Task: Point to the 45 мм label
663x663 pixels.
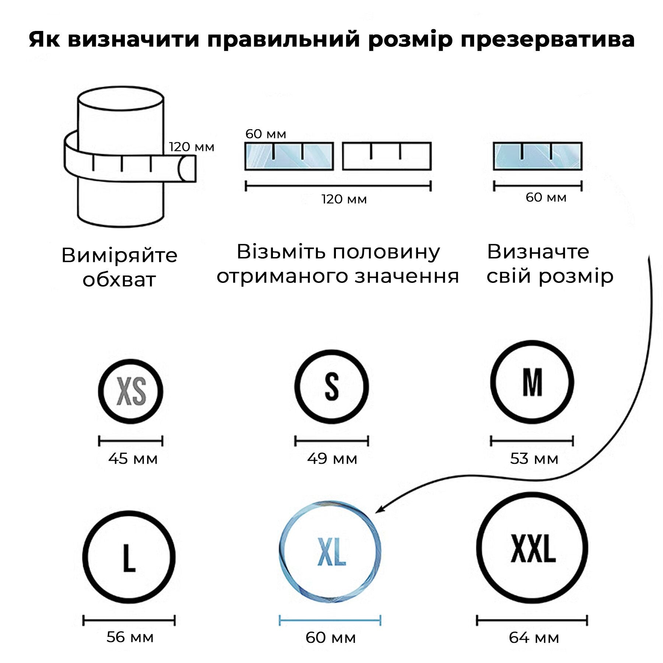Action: [133, 459]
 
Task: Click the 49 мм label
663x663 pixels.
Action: [332, 459]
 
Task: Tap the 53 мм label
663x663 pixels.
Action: [534, 459]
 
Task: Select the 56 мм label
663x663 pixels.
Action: [130, 637]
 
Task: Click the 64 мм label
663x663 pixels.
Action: [534, 638]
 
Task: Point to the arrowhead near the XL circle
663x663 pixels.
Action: [379, 510]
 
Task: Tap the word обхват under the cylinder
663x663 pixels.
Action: [119, 280]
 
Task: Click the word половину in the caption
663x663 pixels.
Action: [386, 253]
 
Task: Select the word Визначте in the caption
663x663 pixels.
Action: [538, 252]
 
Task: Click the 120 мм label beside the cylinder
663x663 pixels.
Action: [192, 147]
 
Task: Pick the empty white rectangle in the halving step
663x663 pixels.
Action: [387, 156]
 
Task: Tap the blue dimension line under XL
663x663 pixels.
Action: [330, 621]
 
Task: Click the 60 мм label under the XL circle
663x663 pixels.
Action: [330, 638]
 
